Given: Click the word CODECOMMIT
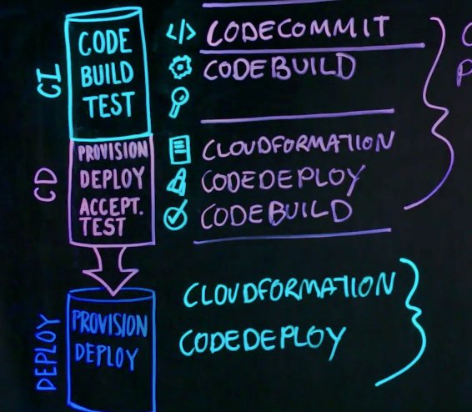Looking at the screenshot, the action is pyautogui.click(x=298, y=29).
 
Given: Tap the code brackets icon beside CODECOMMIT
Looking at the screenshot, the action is pyautogui.click(x=181, y=33).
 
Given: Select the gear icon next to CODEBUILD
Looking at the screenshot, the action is pyautogui.click(x=180, y=67).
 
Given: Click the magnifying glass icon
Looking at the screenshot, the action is pyautogui.click(x=179, y=102).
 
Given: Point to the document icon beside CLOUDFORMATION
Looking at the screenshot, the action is pyautogui.click(x=179, y=149).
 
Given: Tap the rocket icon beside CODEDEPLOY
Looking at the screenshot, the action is pyautogui.click(x=178, y=182).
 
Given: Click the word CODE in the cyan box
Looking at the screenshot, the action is pyautogui.click(x=105, y=42).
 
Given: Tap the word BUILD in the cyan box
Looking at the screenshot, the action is pyautogui.click(x=107, y=73).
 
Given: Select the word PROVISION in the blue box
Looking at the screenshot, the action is pyautogui.click(x=109, y=324).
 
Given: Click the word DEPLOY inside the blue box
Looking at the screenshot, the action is pyautogui.click(x=107, y=356).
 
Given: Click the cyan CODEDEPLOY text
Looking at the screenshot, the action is pyautogui.click(x=262, y=342).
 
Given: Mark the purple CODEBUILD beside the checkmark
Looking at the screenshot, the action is pyautogui.click(x=276, y=213).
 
